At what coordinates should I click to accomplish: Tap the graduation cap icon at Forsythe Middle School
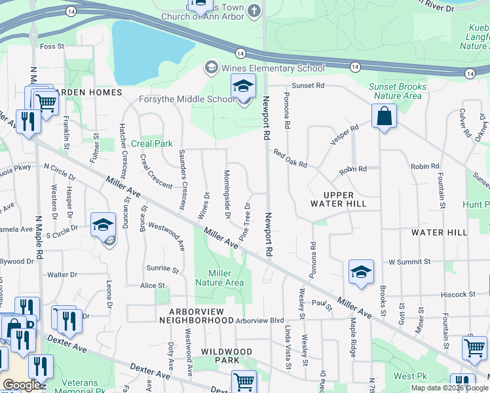tap(242, 86)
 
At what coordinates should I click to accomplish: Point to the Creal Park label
tap(152, 143)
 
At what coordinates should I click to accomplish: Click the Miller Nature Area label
tap(225, 278)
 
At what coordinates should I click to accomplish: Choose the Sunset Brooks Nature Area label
tap(397, 91)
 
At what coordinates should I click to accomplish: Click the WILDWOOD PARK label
tap(227, 356)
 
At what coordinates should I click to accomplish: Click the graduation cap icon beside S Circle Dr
tap(103, 225)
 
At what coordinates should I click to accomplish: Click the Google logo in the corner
tap(22, 385)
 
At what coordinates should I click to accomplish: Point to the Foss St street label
tap(51, 47)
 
